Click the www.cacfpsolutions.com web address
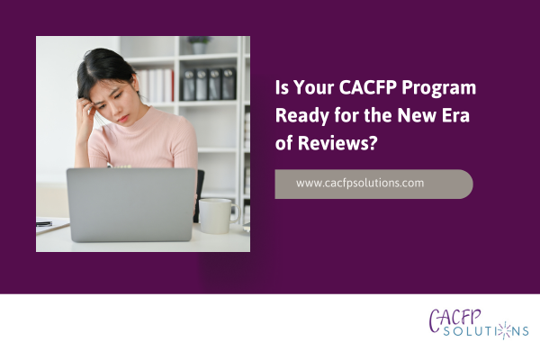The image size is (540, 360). (360, 183)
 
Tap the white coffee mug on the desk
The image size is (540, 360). (214, 216)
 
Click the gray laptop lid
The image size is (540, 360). (130, 204)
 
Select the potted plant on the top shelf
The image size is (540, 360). (199, 44)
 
